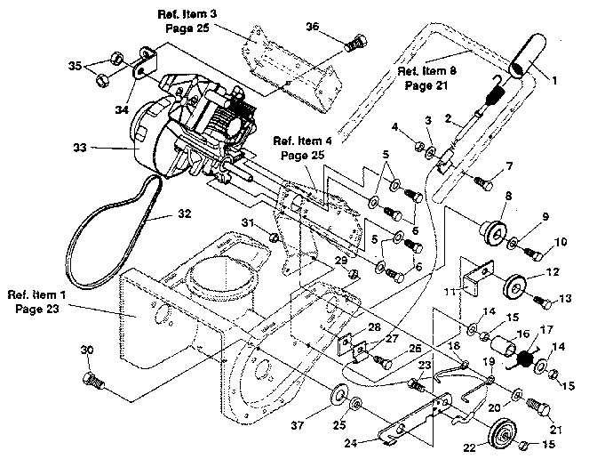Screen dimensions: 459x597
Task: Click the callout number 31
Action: [x=250, y=222]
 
